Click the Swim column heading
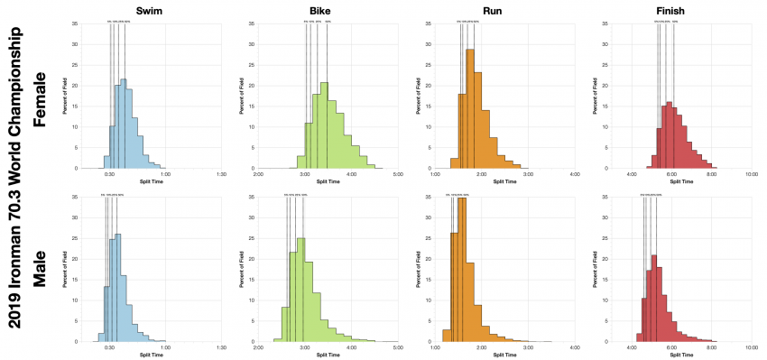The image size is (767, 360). coord(149,9)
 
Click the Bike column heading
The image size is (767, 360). coord(327,9)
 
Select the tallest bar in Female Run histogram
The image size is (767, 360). coord(469,108)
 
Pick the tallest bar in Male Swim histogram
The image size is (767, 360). coord(117,287)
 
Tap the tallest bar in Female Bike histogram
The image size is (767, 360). coord(324,125)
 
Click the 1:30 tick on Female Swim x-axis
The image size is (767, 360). coord(222,175)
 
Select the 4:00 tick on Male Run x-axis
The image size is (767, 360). coord(575,348)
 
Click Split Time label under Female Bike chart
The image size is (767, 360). coord(327,182)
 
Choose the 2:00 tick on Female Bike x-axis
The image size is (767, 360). coord(258,175)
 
